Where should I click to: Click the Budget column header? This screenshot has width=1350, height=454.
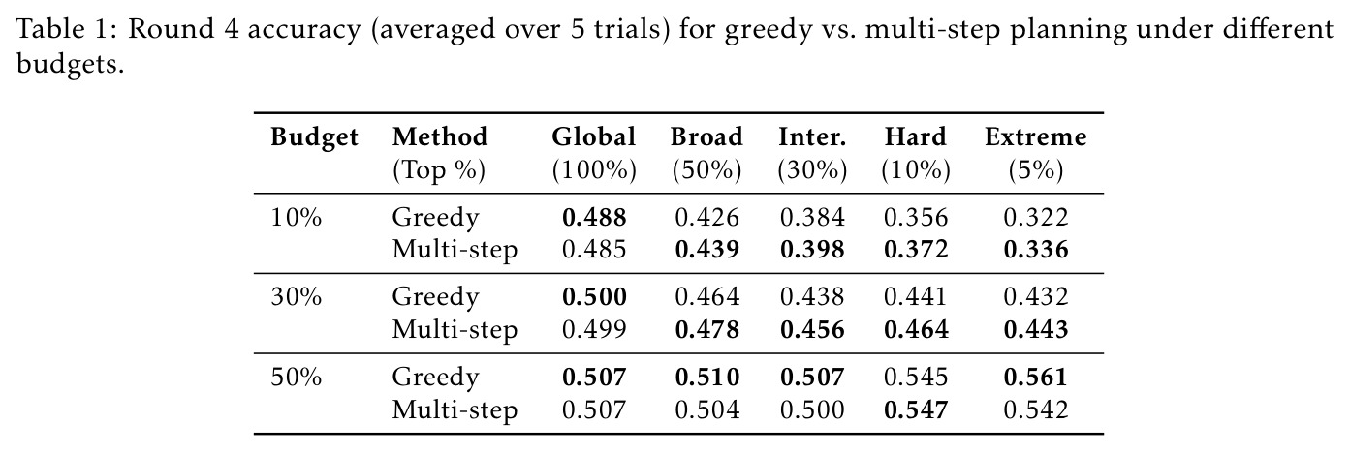(x=314, y=137)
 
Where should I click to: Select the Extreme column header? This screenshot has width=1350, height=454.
(x=1035, y=137)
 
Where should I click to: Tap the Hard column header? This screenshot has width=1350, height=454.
(x=916, y=137)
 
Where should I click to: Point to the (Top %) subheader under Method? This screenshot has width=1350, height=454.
(x=439, y=170)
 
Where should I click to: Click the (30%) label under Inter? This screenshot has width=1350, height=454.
(x=812, y=170)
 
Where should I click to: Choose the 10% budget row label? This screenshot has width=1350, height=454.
(x=296, y=218)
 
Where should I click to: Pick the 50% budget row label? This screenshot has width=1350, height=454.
(x=296, y=378)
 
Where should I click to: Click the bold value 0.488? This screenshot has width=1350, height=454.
(x=594, y=218)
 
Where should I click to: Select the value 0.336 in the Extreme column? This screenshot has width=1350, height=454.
(x=1036, y=250)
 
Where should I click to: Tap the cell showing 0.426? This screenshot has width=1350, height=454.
(x=706, y=218)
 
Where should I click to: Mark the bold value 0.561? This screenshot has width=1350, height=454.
(x=1036, y=378)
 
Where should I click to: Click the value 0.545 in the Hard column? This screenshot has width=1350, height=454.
(x=916, y=378)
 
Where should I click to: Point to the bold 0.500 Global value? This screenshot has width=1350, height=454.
(x=594, y=297)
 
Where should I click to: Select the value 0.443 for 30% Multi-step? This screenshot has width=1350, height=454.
(x=1036, y=329)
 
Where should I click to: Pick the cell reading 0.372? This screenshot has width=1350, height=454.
(x=916, y=250)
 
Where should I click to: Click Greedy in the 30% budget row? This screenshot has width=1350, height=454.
(x=435, y=298)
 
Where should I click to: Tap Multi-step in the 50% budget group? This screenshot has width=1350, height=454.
(x=455, y=410)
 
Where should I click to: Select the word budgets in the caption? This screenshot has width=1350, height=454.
(x=70, y=63)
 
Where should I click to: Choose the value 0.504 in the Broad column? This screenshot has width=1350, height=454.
(x=706, y=410)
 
